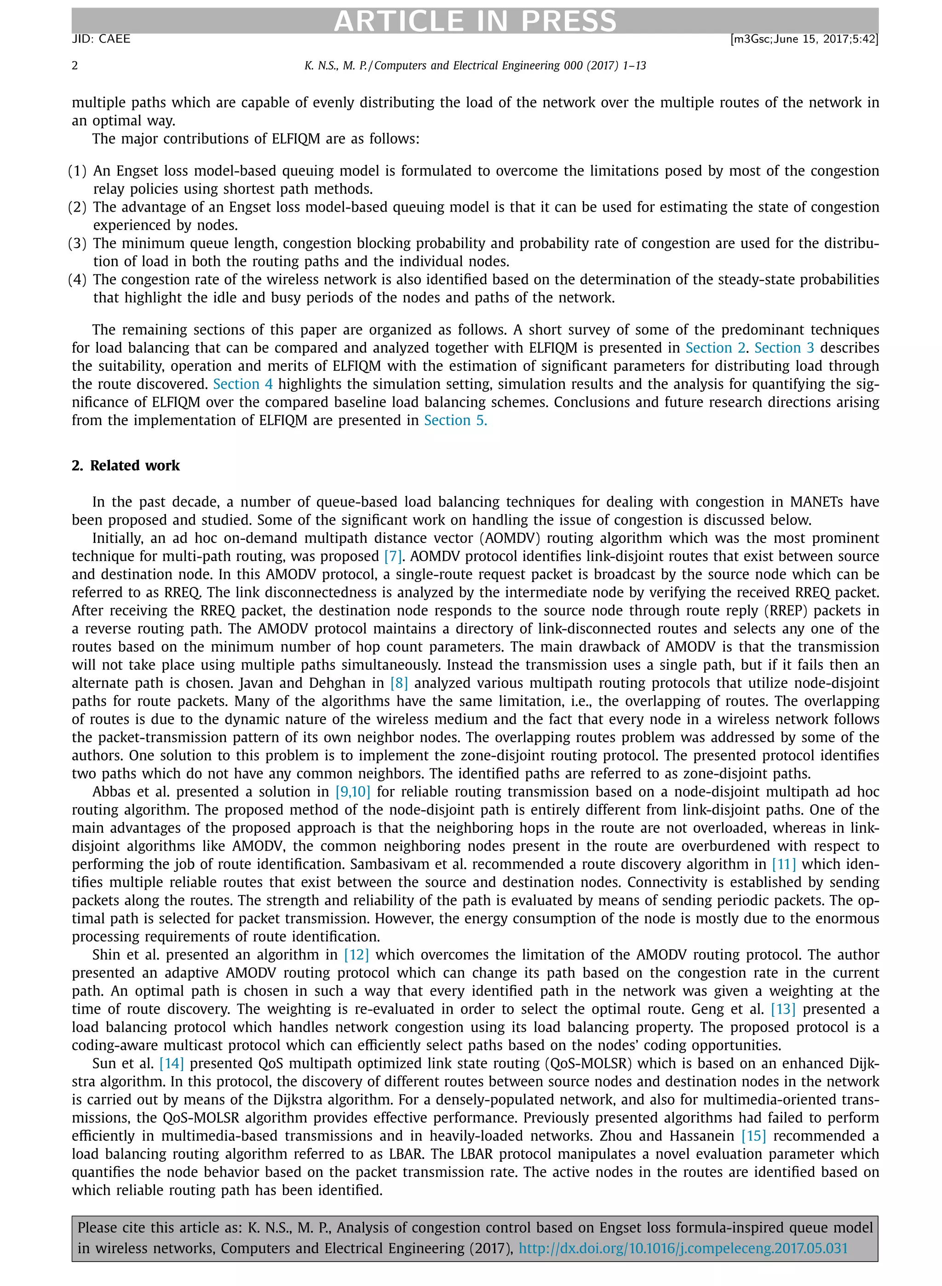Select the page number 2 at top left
pyautogui.click(x=75, y=66)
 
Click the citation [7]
pyautogui.click(x=393, y=556)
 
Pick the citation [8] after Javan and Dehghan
pyautogui.click(x=399, y=683)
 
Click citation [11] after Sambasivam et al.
pyautogui.click(x=783, y=864)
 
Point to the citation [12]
pyautogui.click(x=356, y=955)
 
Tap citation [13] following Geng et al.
pyautogui.click(x=783, y=1009)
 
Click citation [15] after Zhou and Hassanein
pyautogui.click(x=753, y=1136)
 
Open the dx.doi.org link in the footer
pyautogui.click(x=683, y=1248)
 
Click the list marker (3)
pyautogui.click(x=78, y=243)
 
